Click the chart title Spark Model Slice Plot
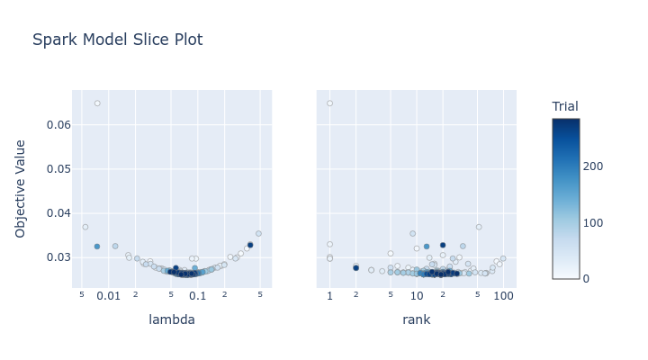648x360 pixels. (117, 40)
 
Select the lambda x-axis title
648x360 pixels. (171, 319)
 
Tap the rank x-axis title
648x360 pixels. (416, 319)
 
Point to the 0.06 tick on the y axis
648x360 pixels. (58, 125)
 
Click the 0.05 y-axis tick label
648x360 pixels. (58, 169)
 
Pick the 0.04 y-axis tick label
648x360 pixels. (58, 213)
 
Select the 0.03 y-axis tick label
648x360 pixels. (58, 257)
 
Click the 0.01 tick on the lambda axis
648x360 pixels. (109, 296)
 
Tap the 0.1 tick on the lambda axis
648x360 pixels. (197, 296)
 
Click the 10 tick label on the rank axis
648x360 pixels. (417, 296)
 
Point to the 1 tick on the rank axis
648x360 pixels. (329, 296)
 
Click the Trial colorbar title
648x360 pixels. (565, 106)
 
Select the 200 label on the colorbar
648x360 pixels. (592, 166)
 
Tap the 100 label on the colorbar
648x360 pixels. (592, 222)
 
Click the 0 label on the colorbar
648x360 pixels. (587, 279)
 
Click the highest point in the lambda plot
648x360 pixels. (97, 103)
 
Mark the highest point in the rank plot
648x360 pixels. (329, 103)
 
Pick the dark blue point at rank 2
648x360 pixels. (355, 268)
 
